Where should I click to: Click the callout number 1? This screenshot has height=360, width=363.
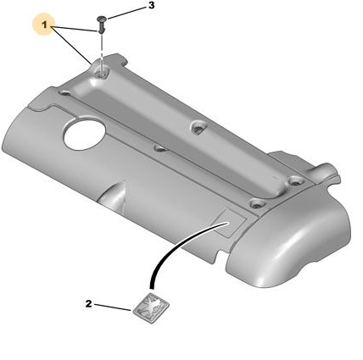tap(44, 25)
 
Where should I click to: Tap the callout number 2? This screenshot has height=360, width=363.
tap(89, 304)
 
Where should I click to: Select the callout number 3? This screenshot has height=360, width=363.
tap(152, 6)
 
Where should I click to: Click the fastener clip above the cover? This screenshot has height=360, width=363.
tap(101, 25)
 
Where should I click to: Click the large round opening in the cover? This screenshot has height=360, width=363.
tap(85, 135)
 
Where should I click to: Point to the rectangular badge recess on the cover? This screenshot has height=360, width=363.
tap(230, 223)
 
